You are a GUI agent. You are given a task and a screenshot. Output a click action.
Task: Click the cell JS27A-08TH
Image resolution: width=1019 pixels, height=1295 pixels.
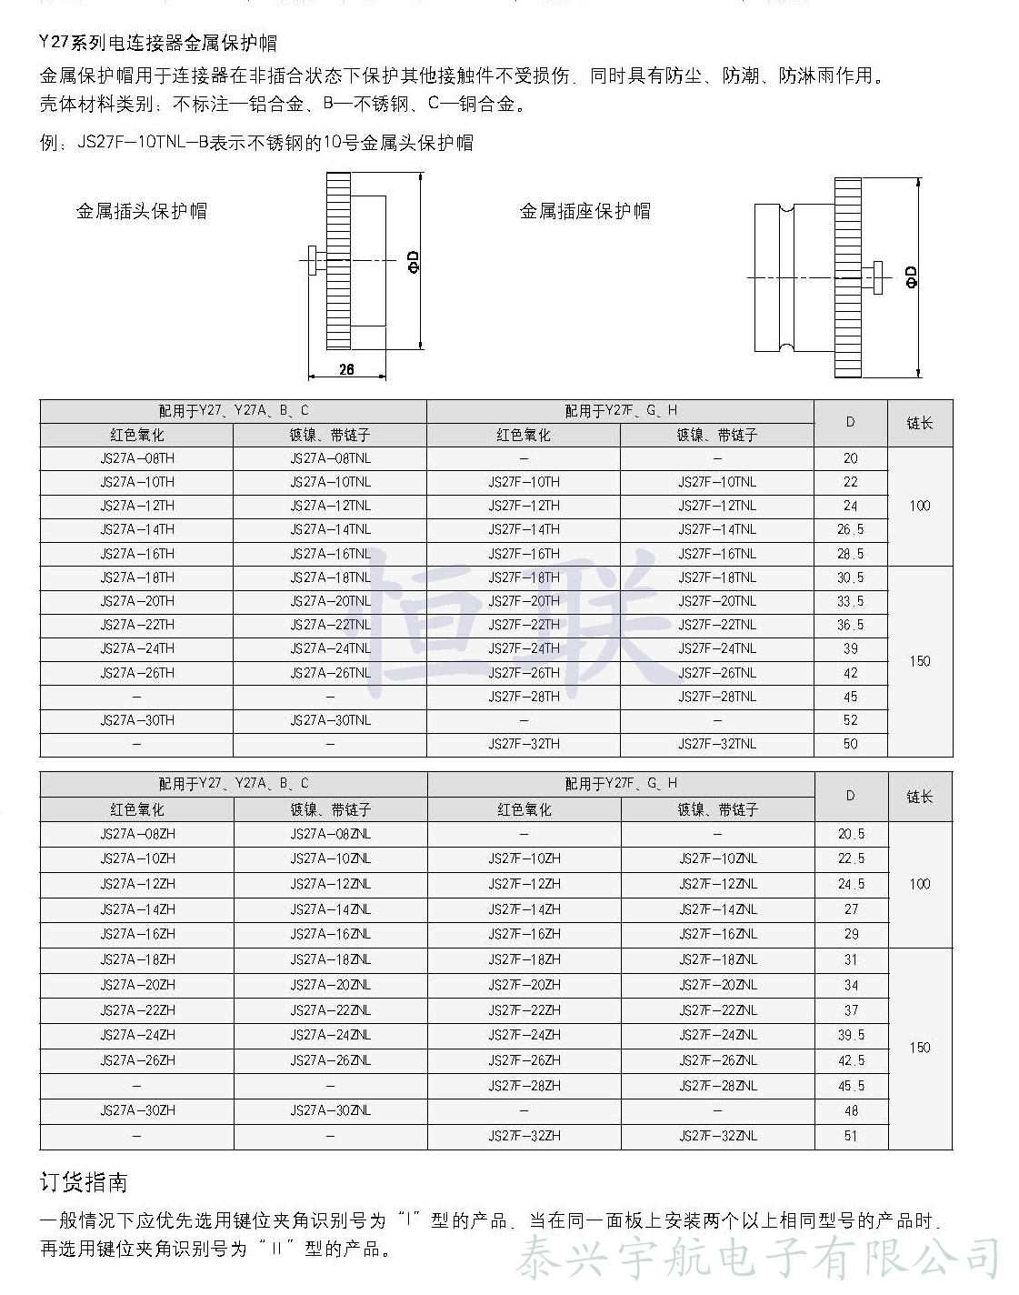coord(137,458)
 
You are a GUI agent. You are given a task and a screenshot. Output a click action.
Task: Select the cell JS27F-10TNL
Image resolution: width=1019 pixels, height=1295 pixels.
coord(716,482)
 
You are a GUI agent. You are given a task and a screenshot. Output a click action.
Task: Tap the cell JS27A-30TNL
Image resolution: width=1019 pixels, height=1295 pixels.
coord(330,720)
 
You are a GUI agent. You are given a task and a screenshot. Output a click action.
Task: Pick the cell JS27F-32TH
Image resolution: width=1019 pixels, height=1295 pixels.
coord(524,744)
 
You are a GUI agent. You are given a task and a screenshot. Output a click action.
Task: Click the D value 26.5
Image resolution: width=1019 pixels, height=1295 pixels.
coord(850,529)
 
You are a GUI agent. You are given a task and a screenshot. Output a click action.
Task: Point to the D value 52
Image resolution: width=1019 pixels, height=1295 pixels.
coord(850,720)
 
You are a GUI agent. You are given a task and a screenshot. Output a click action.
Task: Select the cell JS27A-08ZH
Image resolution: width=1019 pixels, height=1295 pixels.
coord(137,834)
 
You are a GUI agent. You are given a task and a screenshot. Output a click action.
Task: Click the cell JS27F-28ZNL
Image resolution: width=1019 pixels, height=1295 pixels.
coord(717,1086)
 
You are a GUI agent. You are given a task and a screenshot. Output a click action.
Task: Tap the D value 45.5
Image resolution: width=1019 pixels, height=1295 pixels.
coord(851,1086)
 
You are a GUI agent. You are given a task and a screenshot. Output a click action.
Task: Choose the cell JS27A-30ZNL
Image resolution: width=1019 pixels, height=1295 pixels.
coord(330,1110)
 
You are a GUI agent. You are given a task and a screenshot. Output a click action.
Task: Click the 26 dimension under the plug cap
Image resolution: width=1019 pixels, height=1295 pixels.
coord(346,369)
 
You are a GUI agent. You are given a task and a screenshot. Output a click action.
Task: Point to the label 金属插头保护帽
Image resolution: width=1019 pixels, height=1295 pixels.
coord(142,211)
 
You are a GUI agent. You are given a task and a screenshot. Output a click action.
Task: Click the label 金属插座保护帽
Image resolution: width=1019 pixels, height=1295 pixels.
coord(585,211)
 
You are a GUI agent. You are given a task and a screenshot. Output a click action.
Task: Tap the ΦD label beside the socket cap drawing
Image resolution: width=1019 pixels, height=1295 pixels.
coord(911,276)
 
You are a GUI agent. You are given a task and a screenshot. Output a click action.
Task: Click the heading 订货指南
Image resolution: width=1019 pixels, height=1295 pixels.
coord(85,1182)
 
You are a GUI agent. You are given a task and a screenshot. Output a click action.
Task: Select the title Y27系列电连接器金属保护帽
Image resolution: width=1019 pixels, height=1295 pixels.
coord(159,43)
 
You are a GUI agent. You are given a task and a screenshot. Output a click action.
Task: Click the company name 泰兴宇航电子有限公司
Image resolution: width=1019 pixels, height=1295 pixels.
coord(759,1259)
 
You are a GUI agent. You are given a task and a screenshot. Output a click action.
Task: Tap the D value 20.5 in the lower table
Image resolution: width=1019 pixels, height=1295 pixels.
coord(851,834)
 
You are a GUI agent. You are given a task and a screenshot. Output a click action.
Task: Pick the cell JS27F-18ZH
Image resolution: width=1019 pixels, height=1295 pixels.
coord(524,959)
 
